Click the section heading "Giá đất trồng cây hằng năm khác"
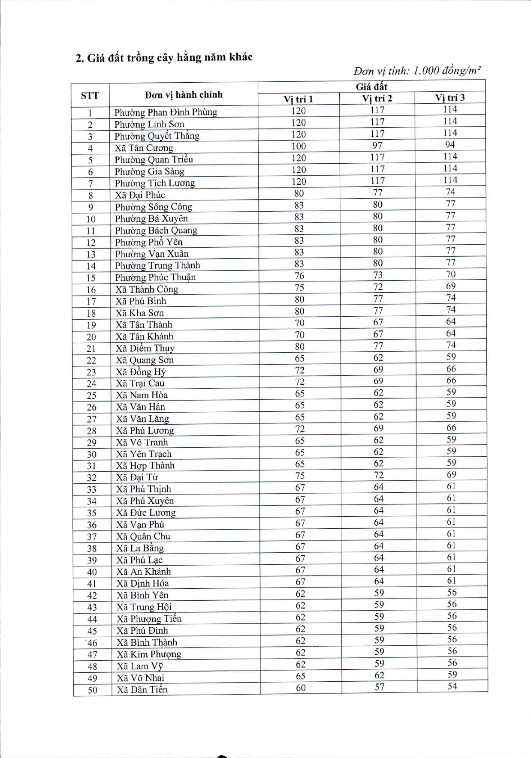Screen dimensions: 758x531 tap(164, 57)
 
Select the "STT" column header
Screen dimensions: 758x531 tap(90, 96)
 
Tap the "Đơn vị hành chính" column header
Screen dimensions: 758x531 tap(183, 95)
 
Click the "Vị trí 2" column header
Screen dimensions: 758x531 tap(377, 99)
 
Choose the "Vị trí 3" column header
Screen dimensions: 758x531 tap(450, 98)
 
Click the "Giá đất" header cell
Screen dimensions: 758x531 tap(371, 87)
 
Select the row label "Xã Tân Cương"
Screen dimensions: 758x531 tap(144, 148)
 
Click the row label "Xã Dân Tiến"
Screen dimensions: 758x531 tap(142, 689)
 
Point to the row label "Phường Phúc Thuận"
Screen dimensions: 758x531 tap(155, 277)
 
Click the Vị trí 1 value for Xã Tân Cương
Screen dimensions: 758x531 tap(299, 146)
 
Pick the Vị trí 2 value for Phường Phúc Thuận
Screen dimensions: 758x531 tap(377, 275)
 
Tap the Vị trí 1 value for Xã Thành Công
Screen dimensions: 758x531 tap(299, 288)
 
